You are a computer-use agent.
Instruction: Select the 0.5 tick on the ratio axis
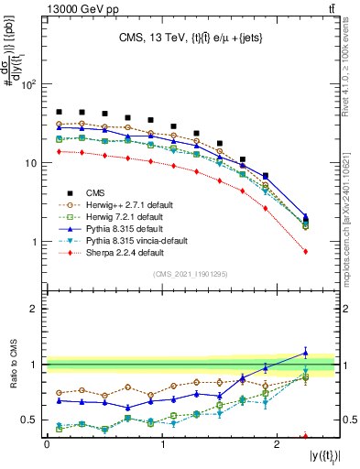(x=30, y=420)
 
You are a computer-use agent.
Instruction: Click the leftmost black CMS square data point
(x=59, y=112)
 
